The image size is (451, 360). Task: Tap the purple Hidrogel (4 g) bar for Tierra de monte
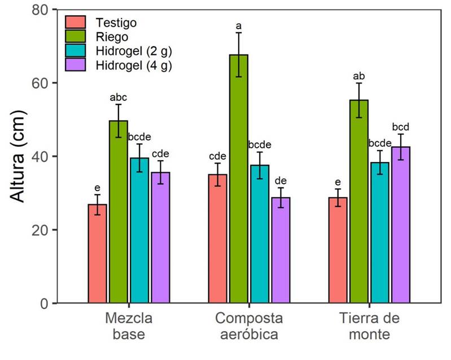click(x=400, y=225)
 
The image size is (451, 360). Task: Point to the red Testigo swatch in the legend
click(x=76, y=23)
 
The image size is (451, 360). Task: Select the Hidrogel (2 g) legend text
click(x=134, y=51)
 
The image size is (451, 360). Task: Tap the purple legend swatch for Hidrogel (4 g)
click(x=76, y=65)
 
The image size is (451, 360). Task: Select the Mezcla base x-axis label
click(x=129, y=326)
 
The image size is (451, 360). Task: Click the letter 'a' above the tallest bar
click(x=238, y=26)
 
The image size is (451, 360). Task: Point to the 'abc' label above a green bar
click(x=118, y=97)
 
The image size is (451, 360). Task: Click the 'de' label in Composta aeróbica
click(x=281, y=181)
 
